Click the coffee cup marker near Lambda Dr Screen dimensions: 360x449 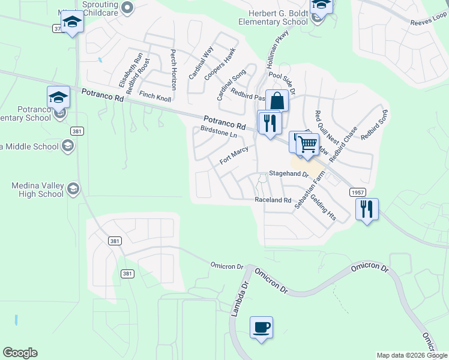[x=261, y=328]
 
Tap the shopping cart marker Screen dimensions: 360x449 [x=307, y=144]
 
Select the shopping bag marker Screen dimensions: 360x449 [x=277, y=101]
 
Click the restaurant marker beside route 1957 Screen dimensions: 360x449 [x=366, y=209]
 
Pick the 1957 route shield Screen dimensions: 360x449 [x=357, y=191]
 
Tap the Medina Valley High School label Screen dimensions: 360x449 [x=37, y=190]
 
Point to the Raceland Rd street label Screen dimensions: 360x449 [x=273, y=200]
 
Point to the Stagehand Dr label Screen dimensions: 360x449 [x=288, y=174]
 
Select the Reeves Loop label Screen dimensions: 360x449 [x=428, y=22]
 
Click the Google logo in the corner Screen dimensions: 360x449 [x=20, y=353]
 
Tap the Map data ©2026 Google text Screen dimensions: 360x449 [x=412, y=355]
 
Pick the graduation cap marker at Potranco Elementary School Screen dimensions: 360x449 [x=59, y=97]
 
